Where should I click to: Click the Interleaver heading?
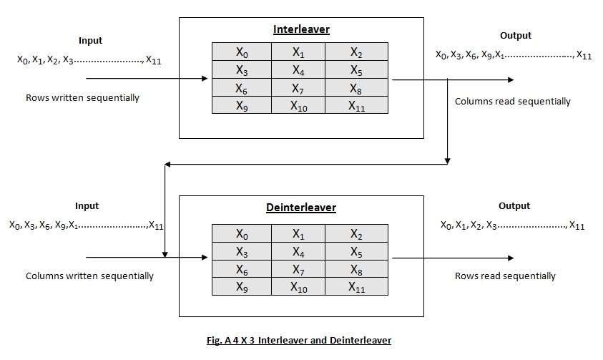coord(301,29)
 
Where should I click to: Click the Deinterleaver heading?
coord(301,208)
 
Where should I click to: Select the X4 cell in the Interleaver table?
coord(298,70)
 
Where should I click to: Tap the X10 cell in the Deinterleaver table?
coord(298,286)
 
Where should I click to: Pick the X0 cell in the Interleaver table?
coord(242,52)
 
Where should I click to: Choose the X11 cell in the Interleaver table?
coord(356,106)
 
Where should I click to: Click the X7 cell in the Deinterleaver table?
coord(298,268)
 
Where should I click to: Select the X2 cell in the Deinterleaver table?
coord(356,233)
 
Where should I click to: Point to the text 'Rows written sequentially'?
coord(82,98)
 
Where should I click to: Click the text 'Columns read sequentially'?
coord(513,102)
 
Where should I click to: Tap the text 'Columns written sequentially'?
coord(89,276)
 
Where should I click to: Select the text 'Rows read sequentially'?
coord(505,276)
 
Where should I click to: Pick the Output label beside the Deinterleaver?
coord(514,206)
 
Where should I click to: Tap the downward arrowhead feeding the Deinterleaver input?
coord(165,253)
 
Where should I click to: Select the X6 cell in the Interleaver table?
coord(242,88)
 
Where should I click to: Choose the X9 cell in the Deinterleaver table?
coord(242,286)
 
